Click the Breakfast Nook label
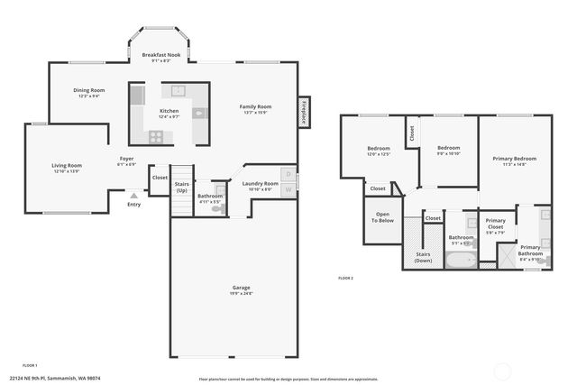pyautogui.click(x=161, y=55)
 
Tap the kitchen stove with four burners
pyautogui.click(x=156, y=137)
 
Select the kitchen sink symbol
pyautogui.click(x=179, y=90)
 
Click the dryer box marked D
pyautogui.click(x=288, y=174)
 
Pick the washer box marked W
pyautogui.click(x=288, y=188)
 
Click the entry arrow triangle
pyautogui.click(x=133, y=195)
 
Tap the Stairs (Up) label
pyautogui.click(x=182, y=187)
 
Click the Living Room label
pyautogui.click(x=66, y=165)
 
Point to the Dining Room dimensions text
pyautogui.click(x=90, y=96)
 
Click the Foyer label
pyautogui.click(x=127, y=159)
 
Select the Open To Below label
pyautogui.click(x=383, y=216)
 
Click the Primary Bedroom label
pyautogui.click(x=514, y=159)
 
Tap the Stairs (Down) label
pyautogui.click(x=423, y=257)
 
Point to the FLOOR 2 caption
pyautogui.click(x=345, y=278)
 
